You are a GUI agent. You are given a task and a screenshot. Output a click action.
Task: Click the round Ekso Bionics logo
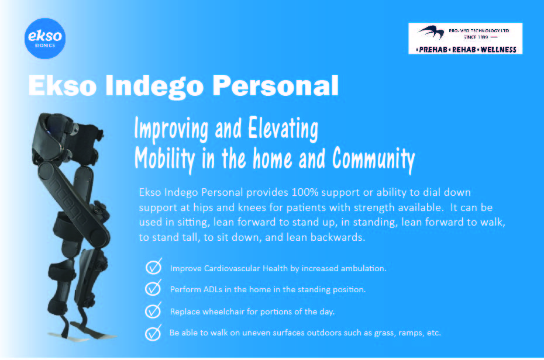pyautogui.click(x=45, y=38)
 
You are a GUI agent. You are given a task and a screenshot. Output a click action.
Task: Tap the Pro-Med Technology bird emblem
pyautogui.click(x=431, y=32)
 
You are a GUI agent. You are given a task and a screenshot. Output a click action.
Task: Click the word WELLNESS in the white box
pyautogui.click(x=498, y=50)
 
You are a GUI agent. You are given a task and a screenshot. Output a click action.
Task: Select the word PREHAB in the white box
pyautogui.click(x=433, y=50)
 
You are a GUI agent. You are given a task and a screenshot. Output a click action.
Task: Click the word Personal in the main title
pyautogui.click(x=276, y=85)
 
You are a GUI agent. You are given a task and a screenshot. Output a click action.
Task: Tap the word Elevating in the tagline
pyautogui.click(x=283, y=129)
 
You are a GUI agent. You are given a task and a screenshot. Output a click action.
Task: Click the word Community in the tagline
pyautogui.click(x=374, y=159)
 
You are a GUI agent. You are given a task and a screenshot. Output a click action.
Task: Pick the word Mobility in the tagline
pyautogui.click(x=165, y=159)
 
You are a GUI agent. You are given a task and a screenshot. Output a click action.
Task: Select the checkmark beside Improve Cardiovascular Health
pyautogui.click(x=153, y=266)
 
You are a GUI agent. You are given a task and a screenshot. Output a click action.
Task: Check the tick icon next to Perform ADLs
pyautogui.click(x=153, y=288)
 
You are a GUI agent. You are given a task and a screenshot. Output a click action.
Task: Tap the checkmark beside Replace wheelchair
pyautogui.click(x=153, y=310)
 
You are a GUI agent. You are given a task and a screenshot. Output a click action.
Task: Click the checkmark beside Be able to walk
pyautogui.click(x=153, y=333)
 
